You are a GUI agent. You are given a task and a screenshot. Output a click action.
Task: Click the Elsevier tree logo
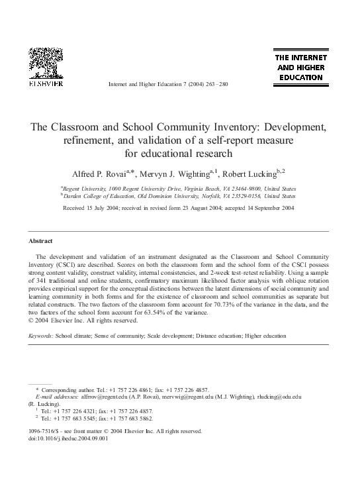(x=44, y=64)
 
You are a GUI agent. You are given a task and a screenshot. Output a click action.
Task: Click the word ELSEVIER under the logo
(x=44, y=85)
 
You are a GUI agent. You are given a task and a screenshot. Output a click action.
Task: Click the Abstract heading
(x=41, y=241)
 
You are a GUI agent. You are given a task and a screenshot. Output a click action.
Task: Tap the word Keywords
(x=42, y=336)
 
